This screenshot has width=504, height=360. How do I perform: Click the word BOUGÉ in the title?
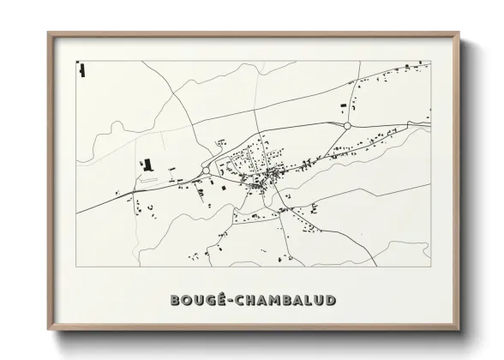(196, 301)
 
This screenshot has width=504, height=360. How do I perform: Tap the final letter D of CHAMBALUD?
(330, 301)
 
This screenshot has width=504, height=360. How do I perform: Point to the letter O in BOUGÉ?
(186, 301)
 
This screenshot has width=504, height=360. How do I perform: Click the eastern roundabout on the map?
(347, 125)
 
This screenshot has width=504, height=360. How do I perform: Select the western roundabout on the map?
(207, 171)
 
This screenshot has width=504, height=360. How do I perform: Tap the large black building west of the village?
(147, 164)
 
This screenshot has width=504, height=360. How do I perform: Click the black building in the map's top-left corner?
(81, 69)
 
